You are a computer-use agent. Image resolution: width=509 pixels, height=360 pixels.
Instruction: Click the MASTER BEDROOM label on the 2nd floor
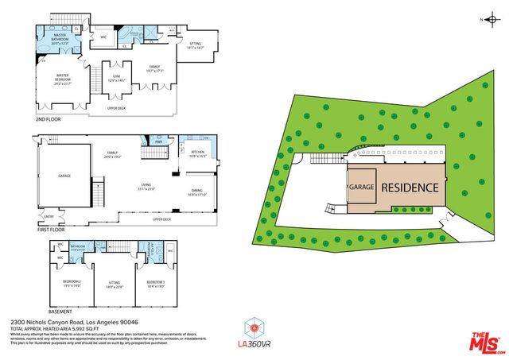coord(62,77)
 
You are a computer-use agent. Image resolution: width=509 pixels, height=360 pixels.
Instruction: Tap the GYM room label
coord(118,77)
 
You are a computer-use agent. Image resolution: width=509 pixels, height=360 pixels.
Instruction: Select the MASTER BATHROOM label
coord(59,37)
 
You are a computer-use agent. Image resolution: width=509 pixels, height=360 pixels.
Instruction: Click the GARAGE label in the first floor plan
coord(64,176)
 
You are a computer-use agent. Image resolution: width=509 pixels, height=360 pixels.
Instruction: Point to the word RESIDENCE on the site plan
coord(410,188)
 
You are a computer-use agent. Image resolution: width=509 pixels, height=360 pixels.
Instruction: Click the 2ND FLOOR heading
coord(48,118)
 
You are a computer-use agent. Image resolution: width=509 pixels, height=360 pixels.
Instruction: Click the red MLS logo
coord(482,342)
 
